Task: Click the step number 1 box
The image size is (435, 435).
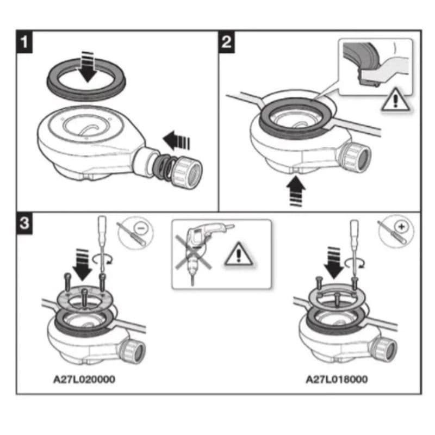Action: pos(24,42)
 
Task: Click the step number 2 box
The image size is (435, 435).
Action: pos(227,42)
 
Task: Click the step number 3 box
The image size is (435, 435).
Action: pos(24,223)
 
